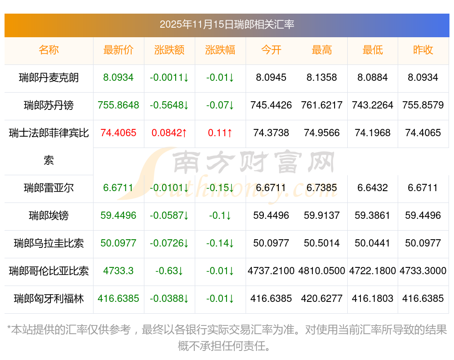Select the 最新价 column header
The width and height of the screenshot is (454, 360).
pyautogui.click(x=118, y=50)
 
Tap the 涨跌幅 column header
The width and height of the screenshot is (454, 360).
pyautogui.click(x=220, y=50)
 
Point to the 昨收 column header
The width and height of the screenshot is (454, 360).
pyautogui.click(x=423, y=50)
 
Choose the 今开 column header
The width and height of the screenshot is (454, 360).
pyautogui.click(x=271, y=50)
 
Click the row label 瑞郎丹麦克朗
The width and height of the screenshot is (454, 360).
pyautogui.click(x=49, y=78)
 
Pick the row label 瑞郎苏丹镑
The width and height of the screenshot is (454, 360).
pyautogui.click(x=49, y=105)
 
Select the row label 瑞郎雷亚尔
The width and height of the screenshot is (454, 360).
pyautogui.click(x=49, y=187)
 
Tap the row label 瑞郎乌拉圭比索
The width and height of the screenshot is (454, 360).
pyautogui.click(x=49, y=243)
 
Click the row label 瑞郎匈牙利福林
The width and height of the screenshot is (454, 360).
pyautogui.click(x=49, y=298)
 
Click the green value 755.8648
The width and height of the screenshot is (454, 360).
pyautogui.click(x=118, y=105)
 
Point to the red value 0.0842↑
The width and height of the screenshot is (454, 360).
pyautogui.click(x=169, y=133)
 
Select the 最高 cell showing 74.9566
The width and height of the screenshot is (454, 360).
pyautogui.click(x=322, y=133)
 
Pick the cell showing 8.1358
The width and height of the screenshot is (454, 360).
pyautogui.click(x=322, y=78)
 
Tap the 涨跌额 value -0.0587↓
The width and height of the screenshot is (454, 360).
pyautogui.click(x=169, y=215)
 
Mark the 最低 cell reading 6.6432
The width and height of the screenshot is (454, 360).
pyautogui.click(x=373, y=187)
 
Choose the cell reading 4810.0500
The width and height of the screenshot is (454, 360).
pyautogui.click(x=322, y=271)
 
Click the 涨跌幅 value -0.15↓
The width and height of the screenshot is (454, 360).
pyautogui.click(x=220, y=187)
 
